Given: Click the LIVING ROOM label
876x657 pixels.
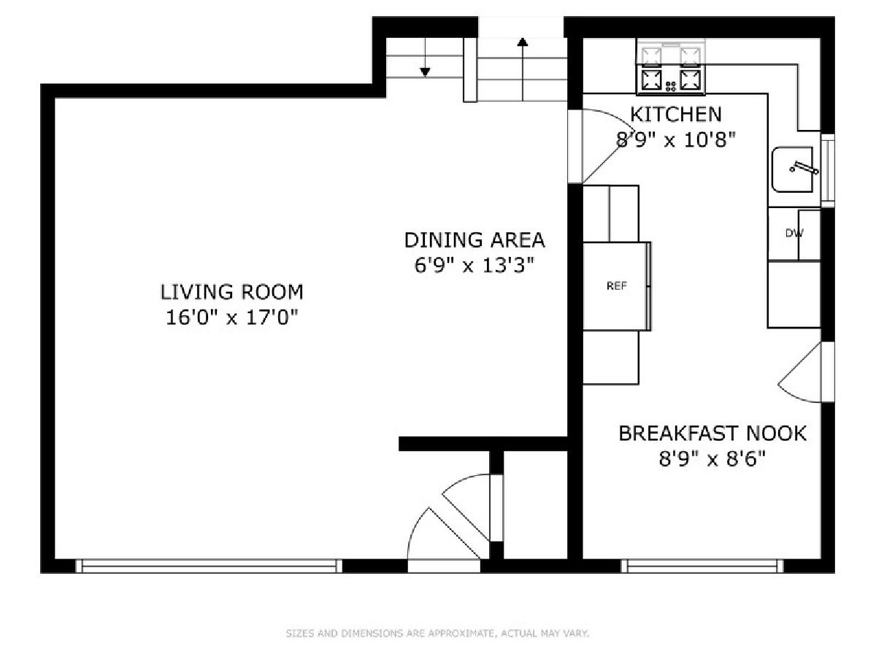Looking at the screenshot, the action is (231, 292).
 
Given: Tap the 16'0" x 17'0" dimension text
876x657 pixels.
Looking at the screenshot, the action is (232, 318).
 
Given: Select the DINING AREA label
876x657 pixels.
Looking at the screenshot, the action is (474, 239).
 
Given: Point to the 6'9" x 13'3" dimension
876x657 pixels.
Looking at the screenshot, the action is (474, 265).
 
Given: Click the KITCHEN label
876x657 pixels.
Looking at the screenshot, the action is (676, 114).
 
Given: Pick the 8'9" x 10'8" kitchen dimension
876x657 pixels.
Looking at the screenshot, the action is (676, 139).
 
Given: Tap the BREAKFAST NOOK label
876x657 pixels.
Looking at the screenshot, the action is (712, 433).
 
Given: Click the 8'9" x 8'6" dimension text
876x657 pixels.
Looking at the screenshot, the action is (712, 458).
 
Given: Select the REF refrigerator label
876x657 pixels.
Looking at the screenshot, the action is (617, 285).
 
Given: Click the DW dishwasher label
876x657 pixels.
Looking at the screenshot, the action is (794, 234).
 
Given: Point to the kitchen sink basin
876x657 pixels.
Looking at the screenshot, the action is (792, 169).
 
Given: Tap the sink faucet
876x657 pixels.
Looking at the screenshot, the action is (804, 168).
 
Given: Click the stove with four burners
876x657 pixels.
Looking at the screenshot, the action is (671, 67).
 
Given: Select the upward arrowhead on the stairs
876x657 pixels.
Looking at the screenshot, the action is (523, 42).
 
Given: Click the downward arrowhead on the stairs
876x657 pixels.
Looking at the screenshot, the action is (425, 72).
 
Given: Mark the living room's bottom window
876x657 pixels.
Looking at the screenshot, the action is (209, 566).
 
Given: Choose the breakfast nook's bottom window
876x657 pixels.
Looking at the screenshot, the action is (702, 566).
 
